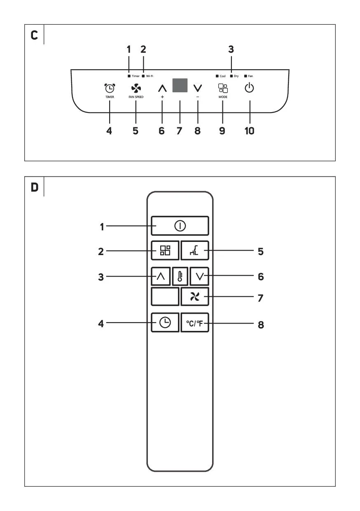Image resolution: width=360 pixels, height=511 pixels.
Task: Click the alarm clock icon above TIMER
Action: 110,88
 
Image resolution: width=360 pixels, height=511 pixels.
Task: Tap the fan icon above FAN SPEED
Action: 136,88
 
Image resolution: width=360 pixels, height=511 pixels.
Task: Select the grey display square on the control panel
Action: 180,85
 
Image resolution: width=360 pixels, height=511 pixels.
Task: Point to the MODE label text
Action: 223,97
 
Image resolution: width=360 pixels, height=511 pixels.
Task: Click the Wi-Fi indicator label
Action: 150,76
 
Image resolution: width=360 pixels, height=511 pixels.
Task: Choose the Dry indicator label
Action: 236,76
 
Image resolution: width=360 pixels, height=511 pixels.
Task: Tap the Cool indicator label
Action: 222,76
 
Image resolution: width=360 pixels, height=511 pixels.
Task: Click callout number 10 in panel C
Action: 249,131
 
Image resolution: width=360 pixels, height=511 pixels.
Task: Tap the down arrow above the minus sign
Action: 198,88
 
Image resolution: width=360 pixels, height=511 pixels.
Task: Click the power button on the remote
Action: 180,225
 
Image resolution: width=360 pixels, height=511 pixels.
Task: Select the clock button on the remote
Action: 165,323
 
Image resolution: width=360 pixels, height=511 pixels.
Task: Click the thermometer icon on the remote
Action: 180,276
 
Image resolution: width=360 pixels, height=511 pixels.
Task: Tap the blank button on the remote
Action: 165,297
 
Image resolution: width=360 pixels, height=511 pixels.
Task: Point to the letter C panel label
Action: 35,35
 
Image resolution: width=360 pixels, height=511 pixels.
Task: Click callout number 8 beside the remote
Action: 260,324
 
